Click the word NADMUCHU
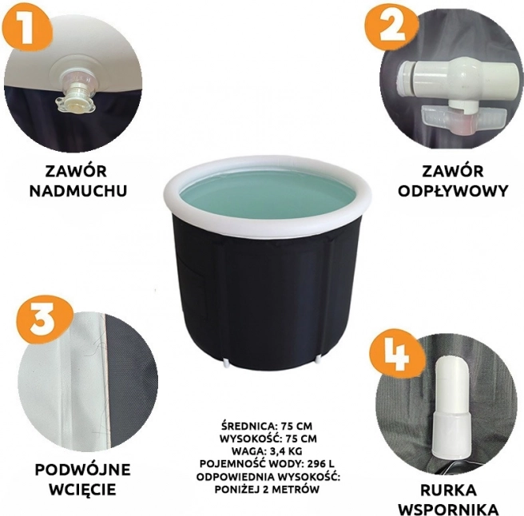[x=78, y=191]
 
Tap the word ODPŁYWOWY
[x=453, y=191]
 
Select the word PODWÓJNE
[x=82, y=470]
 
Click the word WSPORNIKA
[x=448, y=510]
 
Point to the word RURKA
[x=448, y=490]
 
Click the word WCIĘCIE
[x=82, y=490]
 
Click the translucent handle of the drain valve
[x=463, y=119]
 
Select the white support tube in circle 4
[x=452, y=409]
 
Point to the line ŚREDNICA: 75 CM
[x=267, y=426]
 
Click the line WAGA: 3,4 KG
[x=267, y=451]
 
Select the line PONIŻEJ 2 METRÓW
[x=267, y=490]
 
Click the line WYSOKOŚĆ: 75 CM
[x=268, y=439]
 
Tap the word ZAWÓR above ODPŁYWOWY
[x=452, y=171]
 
